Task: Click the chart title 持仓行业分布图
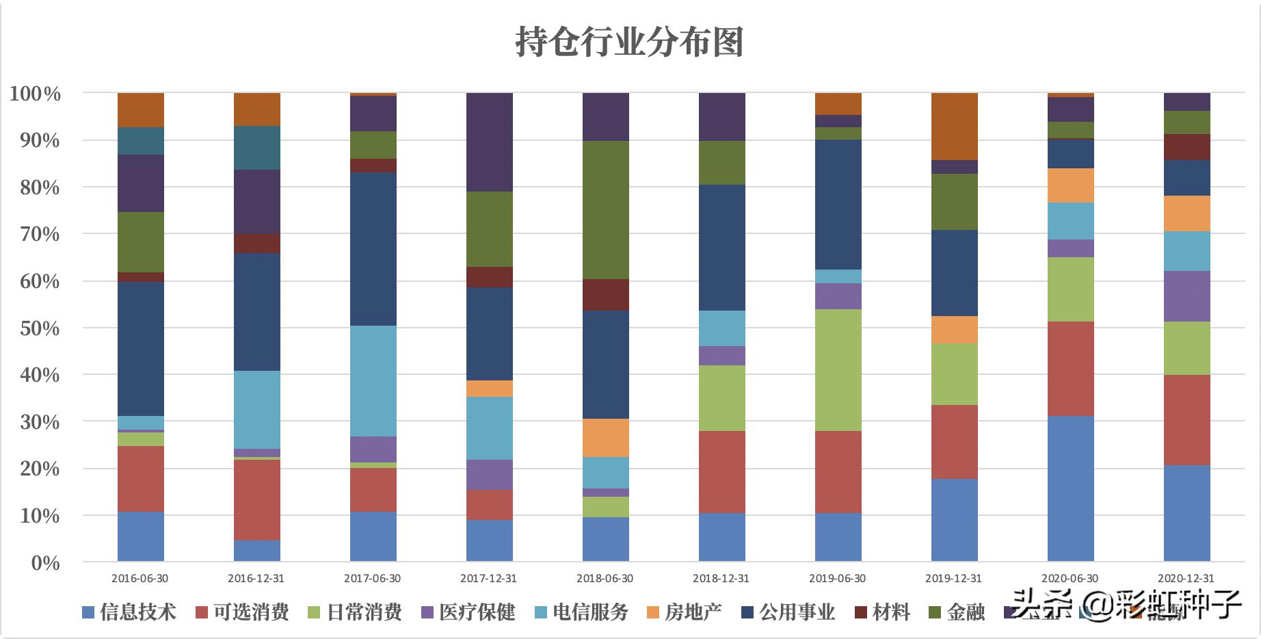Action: (x=629, y=42)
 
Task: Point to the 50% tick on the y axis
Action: (x=35, y=328)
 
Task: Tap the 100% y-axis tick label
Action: (x=35, y=94)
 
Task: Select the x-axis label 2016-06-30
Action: (x=140, y=578)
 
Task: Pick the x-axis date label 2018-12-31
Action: (x=721, y=578)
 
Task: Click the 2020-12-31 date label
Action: (x=1186, y=578)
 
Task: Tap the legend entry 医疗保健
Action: (x=468, y=612)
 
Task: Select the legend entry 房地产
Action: (x=683, y=612)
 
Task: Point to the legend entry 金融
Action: (x=957, y=612)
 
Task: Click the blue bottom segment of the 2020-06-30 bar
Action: (x=1070, y=488)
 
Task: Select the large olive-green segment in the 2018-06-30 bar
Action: (x=605, y=209)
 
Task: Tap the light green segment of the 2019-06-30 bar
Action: (x=838, y=369)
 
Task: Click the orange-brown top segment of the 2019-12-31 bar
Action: (x=954, y=126)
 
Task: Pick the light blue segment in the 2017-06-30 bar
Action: (x=373, y=380)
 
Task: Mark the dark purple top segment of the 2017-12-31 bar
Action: (x=489, y=142)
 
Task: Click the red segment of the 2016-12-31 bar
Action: (x=256, y=499)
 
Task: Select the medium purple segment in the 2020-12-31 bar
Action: (x=1186, y=296)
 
